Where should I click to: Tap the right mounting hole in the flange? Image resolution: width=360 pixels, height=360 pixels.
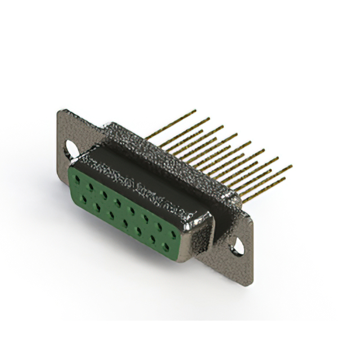click(238, 245)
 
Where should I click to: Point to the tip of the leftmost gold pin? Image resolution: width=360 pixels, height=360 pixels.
click(195, 111)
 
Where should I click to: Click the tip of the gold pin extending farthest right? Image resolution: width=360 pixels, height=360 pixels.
click(291, 166)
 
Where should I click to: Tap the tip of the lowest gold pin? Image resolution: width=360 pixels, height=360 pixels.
click(285, 179)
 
